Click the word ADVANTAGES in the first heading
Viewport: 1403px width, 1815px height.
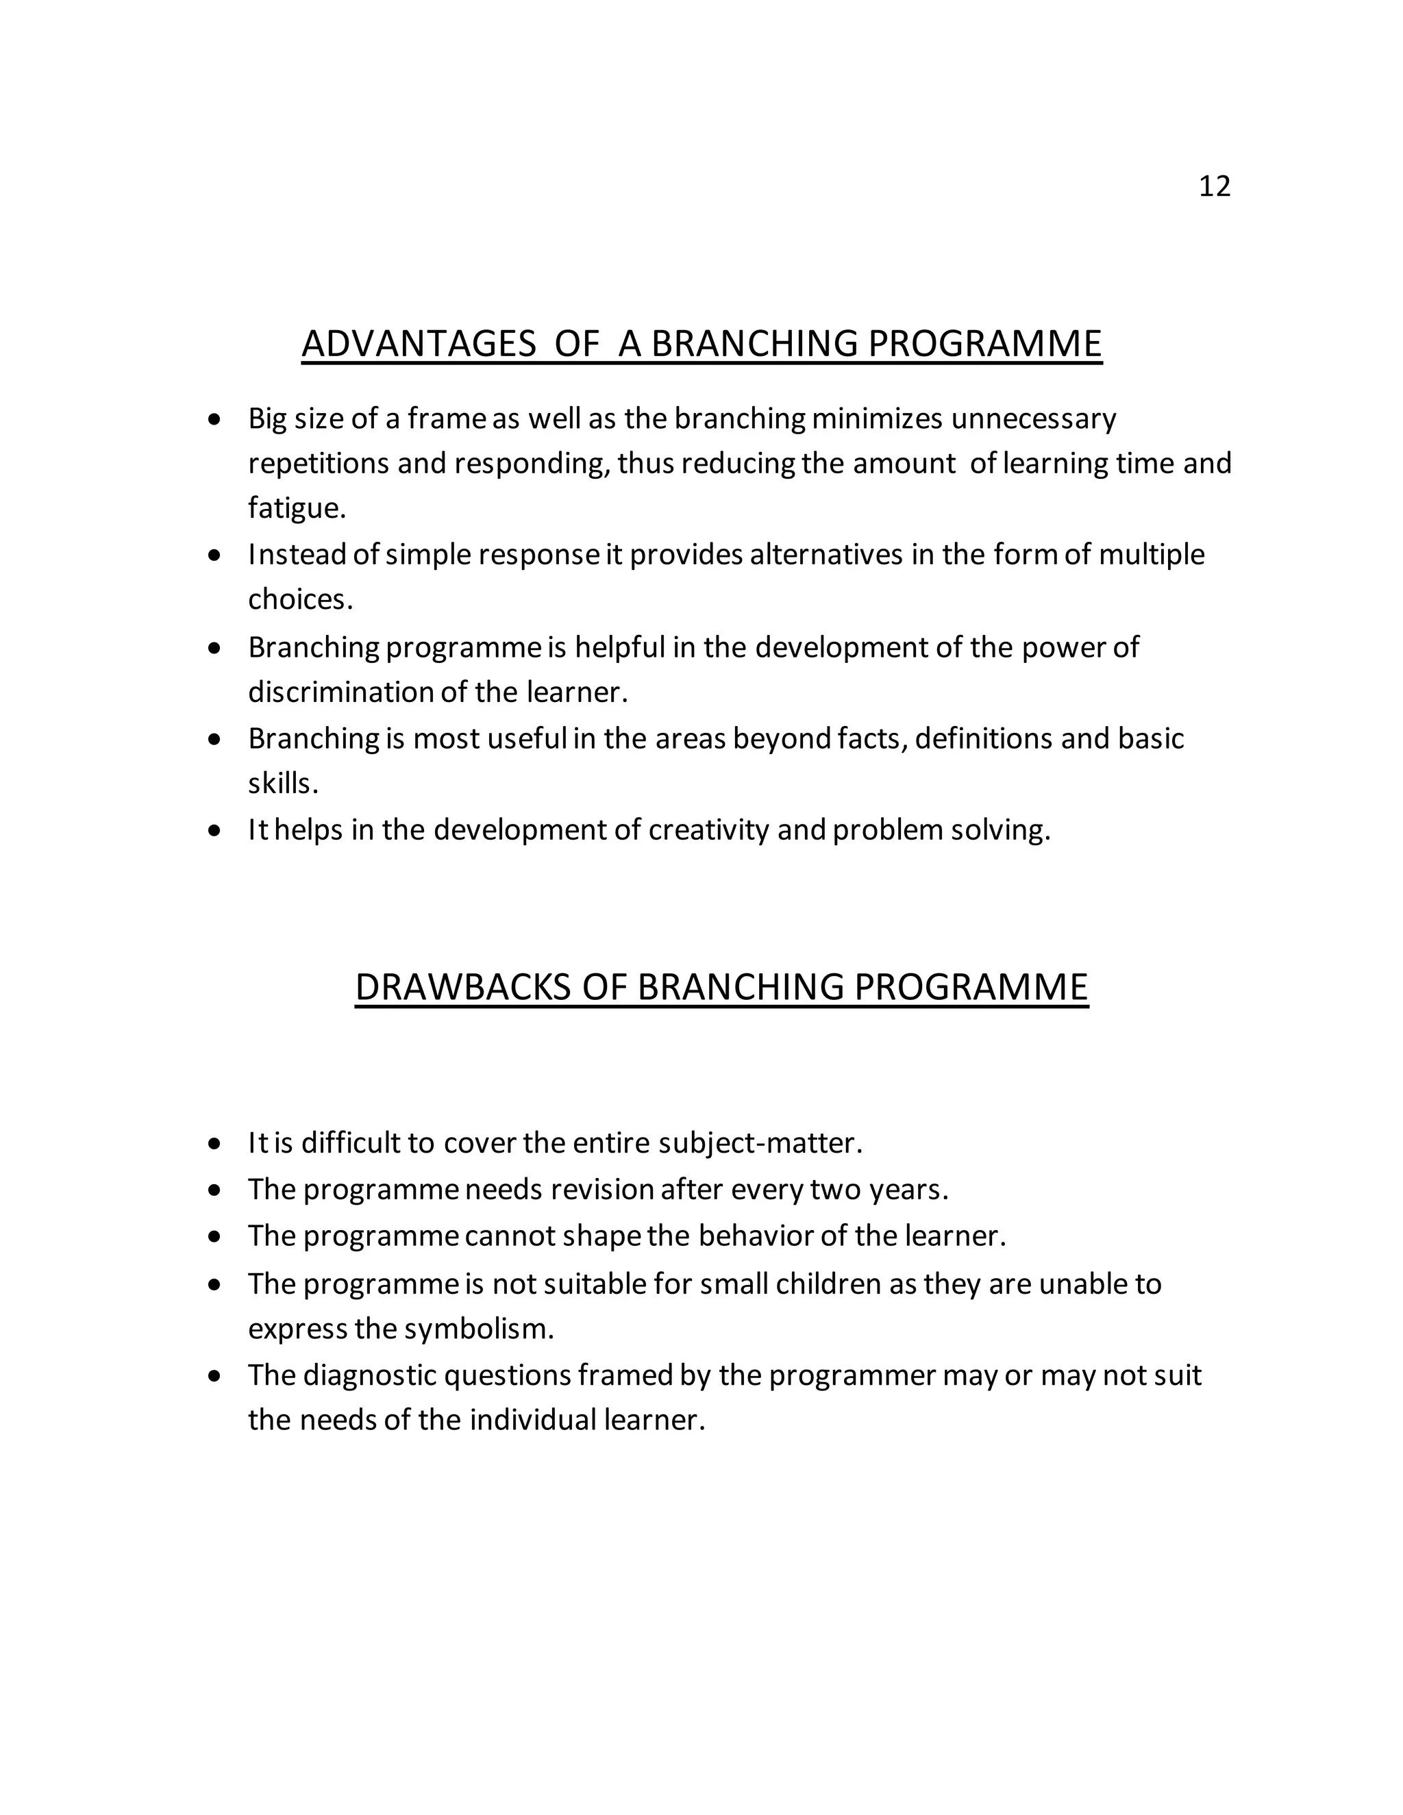pyautogui.click(x=419, y=344)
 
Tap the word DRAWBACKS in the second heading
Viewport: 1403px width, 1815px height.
pyautogui.click(x=463, y=987)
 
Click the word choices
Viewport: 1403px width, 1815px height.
pyautogui.click(x=300, y=599)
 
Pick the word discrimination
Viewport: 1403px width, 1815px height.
pyautogui.click(x=340, y=692)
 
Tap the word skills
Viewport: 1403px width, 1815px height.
pyautogui.click(x=283, y=783)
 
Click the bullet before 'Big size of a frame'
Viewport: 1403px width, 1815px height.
pyautogui.click(x=215, y=420)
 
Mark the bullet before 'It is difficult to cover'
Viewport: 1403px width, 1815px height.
pyautogui.click(x=215, y=1144)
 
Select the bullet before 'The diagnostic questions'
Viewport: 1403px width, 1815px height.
pyautogui.click(x=215, y=1376)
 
